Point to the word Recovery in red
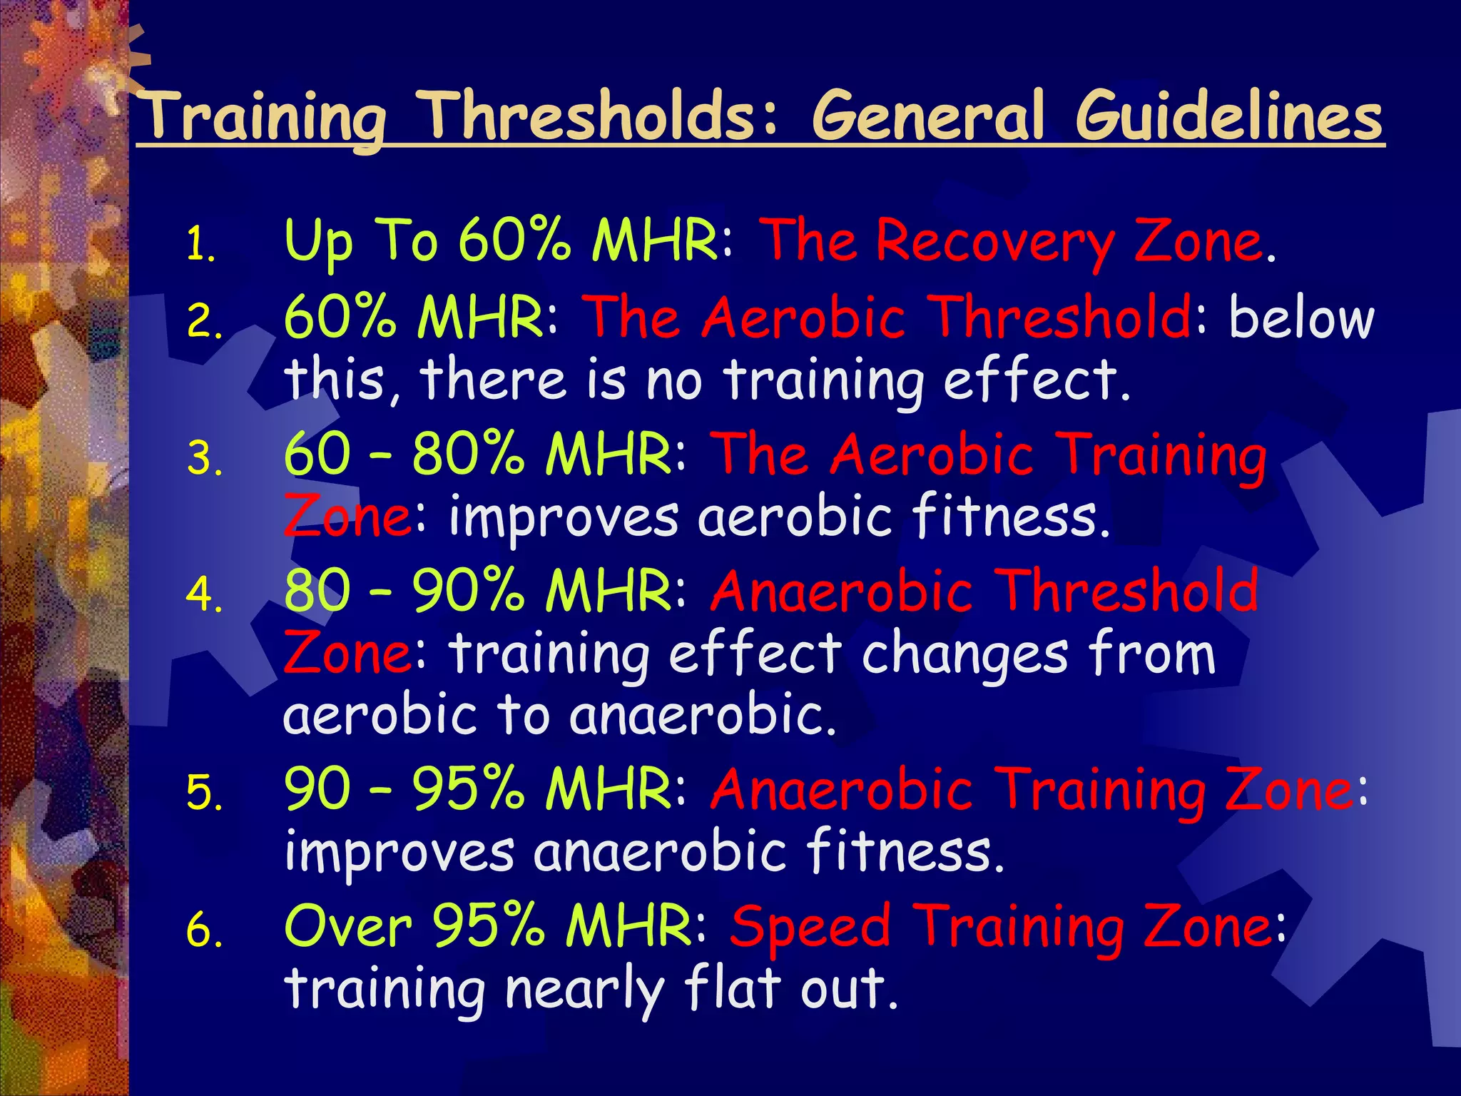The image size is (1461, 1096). [995, 243]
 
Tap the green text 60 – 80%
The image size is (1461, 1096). [403, 455]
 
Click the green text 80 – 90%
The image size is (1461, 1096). [403, 592]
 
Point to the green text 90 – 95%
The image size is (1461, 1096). [403, 789]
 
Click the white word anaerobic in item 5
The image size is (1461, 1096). [660, 852]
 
